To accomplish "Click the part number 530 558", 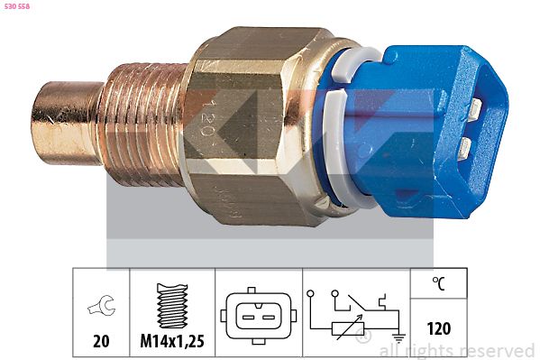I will tap(17, 6).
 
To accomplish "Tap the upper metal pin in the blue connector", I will tap(473, 110).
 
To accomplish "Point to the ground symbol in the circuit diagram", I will tap(398, 340).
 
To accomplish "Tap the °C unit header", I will tap(438, 283).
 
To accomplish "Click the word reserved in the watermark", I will tap(498, 350).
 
